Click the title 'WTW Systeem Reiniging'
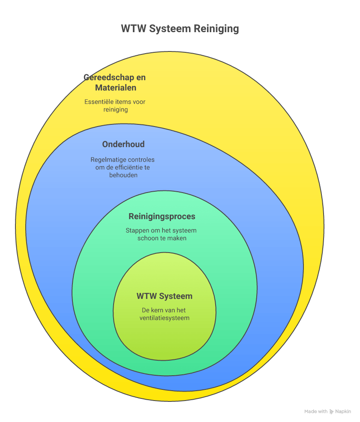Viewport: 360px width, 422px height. point(180,29)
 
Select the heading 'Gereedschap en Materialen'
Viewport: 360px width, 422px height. point(115,83)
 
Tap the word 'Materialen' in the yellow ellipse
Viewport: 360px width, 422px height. point(116,88)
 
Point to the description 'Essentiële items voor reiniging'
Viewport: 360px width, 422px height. point(115,105)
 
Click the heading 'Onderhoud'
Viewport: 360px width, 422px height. point(123,144)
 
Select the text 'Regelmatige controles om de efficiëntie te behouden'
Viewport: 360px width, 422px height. point(123,167)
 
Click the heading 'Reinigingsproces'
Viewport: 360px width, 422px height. point(162,217)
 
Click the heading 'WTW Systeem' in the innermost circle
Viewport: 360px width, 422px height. point(165,296)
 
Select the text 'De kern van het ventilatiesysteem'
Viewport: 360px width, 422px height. point(165,314)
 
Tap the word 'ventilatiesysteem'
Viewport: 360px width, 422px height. point(165,318)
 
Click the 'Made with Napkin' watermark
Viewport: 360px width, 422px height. point(327,411)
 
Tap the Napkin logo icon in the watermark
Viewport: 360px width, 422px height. point(331,411)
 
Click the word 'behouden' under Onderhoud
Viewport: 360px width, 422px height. point(123,175)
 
